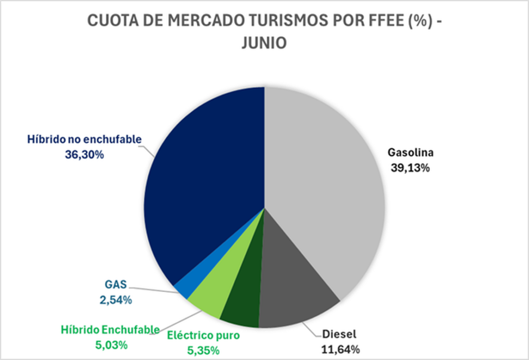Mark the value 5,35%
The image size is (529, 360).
[203, 350]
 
